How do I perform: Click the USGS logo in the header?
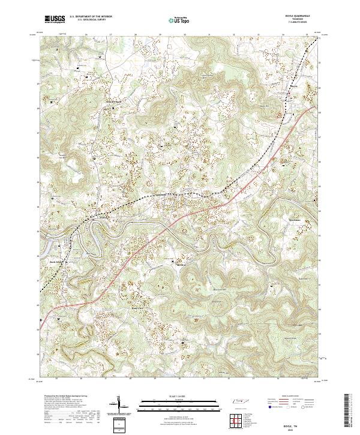(x=55, y=19)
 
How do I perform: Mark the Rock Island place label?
(x=55, y=261)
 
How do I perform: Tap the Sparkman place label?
(x=295, y=220)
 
